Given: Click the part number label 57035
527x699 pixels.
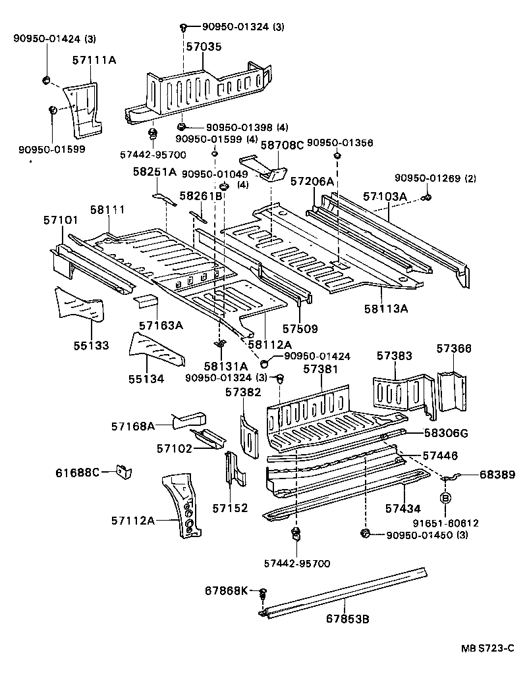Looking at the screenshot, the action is (204, 46).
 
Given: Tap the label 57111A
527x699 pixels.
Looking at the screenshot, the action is (94, 60).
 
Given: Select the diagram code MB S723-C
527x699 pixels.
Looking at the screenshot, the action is (487, 648).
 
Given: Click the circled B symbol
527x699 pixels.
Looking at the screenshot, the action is (446, 498).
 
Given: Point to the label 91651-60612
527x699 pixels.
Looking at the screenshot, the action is (445, 522).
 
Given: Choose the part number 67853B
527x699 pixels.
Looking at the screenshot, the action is (348, 619).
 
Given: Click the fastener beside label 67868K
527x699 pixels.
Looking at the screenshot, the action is (262, 593).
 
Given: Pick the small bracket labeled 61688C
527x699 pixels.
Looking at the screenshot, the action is (124, 471).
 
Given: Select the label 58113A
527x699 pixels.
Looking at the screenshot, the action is (386, 309).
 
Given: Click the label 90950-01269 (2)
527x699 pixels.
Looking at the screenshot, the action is (435, 178).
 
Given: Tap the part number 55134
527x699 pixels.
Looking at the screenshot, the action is (146, 378).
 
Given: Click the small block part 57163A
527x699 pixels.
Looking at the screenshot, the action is (146, 300).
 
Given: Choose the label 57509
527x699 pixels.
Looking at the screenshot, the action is (300, 328).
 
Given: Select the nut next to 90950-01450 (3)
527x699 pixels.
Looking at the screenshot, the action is (365, 533).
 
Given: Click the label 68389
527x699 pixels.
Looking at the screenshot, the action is (497, 475).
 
